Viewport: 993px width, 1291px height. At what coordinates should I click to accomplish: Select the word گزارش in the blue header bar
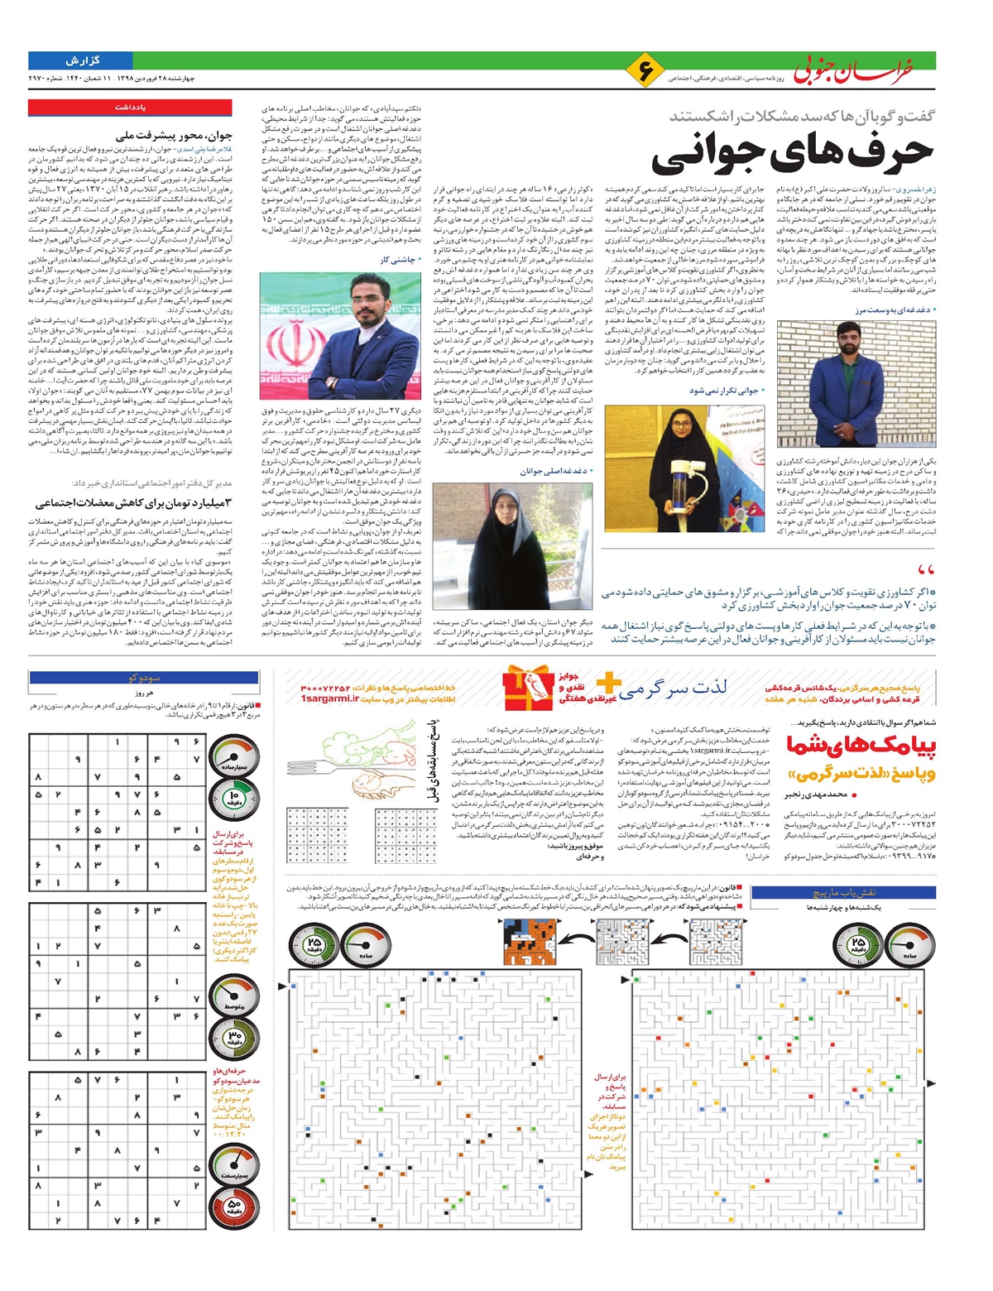click(82, 60)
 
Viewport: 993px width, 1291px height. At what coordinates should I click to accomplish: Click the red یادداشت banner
click(131, 108)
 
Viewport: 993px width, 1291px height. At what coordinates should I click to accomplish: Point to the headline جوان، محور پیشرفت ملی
click(175, 135)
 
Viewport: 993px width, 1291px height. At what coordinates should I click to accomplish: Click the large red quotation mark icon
click(926, 570)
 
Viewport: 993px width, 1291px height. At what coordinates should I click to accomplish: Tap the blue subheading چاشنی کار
click(400, 259)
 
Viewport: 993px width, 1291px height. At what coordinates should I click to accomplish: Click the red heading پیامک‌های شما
click(861, 746)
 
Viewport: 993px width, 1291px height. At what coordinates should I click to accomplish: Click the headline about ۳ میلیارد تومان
click(133, 502)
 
